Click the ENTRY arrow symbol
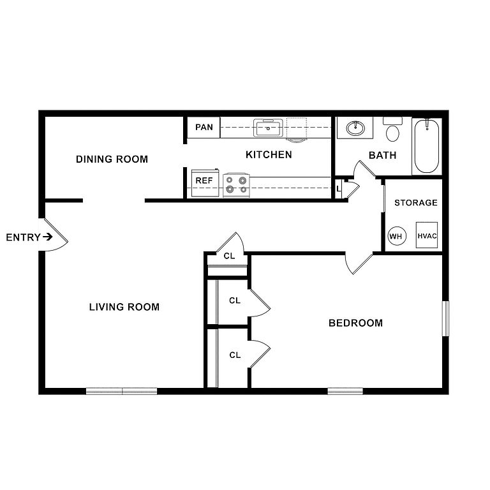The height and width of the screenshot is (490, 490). point(47,237)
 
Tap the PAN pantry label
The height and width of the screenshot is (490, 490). point(204,127)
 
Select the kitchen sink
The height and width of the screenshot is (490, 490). point(268,128)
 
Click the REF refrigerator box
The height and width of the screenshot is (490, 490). point(205,183)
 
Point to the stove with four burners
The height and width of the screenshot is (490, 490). point(236,185)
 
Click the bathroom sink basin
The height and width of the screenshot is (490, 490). point(355,128)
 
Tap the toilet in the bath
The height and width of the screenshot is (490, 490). point(392,130)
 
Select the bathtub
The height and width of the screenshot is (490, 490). point(427,146)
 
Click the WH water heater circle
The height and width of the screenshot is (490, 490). point(397,236)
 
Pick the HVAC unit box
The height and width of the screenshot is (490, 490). point(427,235)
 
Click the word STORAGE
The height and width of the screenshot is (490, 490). point(416,203)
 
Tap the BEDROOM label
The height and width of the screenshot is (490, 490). point(355,323)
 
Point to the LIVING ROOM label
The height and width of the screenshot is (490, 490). point(124,307)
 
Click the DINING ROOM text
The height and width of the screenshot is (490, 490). point(112,159)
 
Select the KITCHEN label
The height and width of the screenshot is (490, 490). point(269,154)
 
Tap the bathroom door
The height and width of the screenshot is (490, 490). point(364,170)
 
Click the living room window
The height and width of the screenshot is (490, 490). point(122,391)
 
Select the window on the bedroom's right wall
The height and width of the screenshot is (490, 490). point(445,318)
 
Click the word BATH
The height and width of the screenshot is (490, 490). point(383,155)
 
